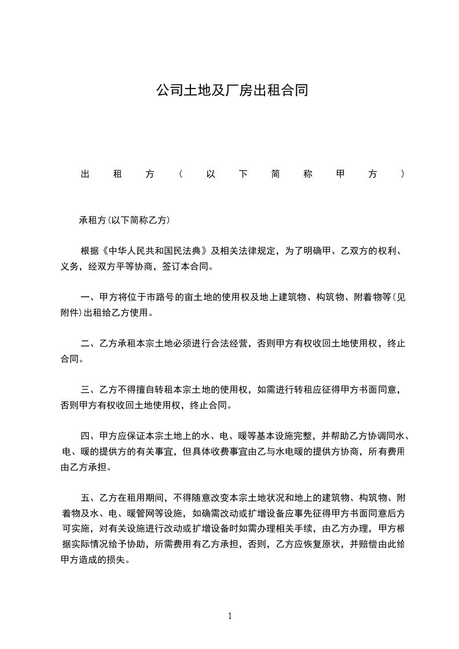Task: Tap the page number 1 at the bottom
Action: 230,616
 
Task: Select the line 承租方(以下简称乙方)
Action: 124,220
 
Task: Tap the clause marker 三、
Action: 90,390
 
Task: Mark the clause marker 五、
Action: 90,498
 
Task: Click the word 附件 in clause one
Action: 70,314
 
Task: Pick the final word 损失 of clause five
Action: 123,560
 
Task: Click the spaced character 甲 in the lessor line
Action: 340,174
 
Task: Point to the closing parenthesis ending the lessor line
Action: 402,174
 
